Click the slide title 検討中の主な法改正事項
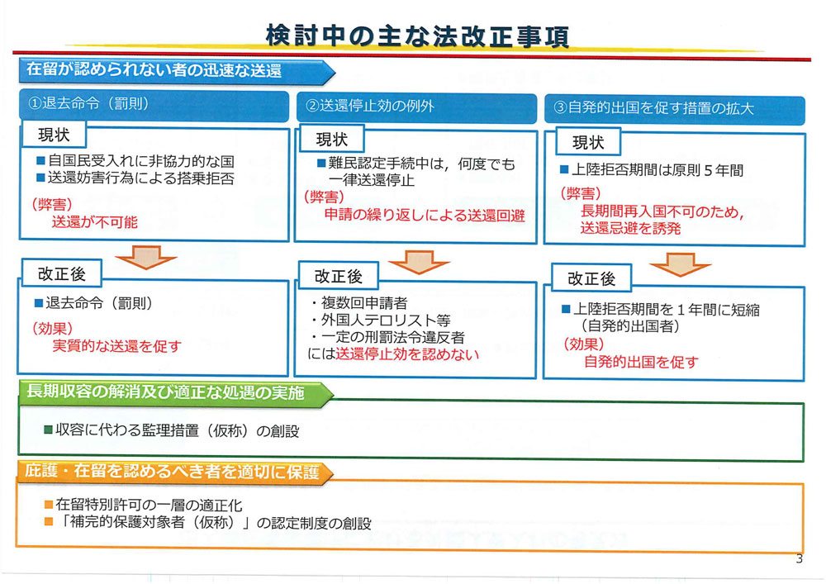(417, 36)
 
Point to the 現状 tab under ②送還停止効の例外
(331, 140)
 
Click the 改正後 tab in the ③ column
(591, 278)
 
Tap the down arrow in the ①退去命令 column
(146, 256)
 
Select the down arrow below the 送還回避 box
(419, 261)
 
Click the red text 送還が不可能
(95, 222)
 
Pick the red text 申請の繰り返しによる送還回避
(425, 216)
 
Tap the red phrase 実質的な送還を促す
(117, 346)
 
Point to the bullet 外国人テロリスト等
(380, 320)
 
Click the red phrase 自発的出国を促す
(641, 362)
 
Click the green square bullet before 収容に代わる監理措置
(48, 430)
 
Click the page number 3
(799, 558)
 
